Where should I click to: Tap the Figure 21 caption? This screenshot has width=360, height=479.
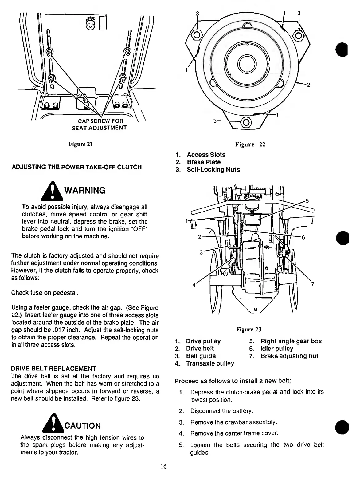(80, 144)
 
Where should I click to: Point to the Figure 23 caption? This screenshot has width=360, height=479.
(248, 330)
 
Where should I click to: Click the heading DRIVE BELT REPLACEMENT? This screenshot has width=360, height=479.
(53, 369)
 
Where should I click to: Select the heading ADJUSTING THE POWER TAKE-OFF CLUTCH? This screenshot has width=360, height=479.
(76, 167)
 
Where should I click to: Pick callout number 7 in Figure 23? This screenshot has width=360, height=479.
(312, 284)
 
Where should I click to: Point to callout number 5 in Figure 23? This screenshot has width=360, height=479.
(307, 202)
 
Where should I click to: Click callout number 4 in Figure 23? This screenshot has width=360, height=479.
(194, 285)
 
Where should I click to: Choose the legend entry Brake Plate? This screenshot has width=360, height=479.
(204, 162)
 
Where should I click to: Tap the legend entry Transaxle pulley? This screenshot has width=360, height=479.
(210, 363)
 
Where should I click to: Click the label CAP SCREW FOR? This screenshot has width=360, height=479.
(96, 121)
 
